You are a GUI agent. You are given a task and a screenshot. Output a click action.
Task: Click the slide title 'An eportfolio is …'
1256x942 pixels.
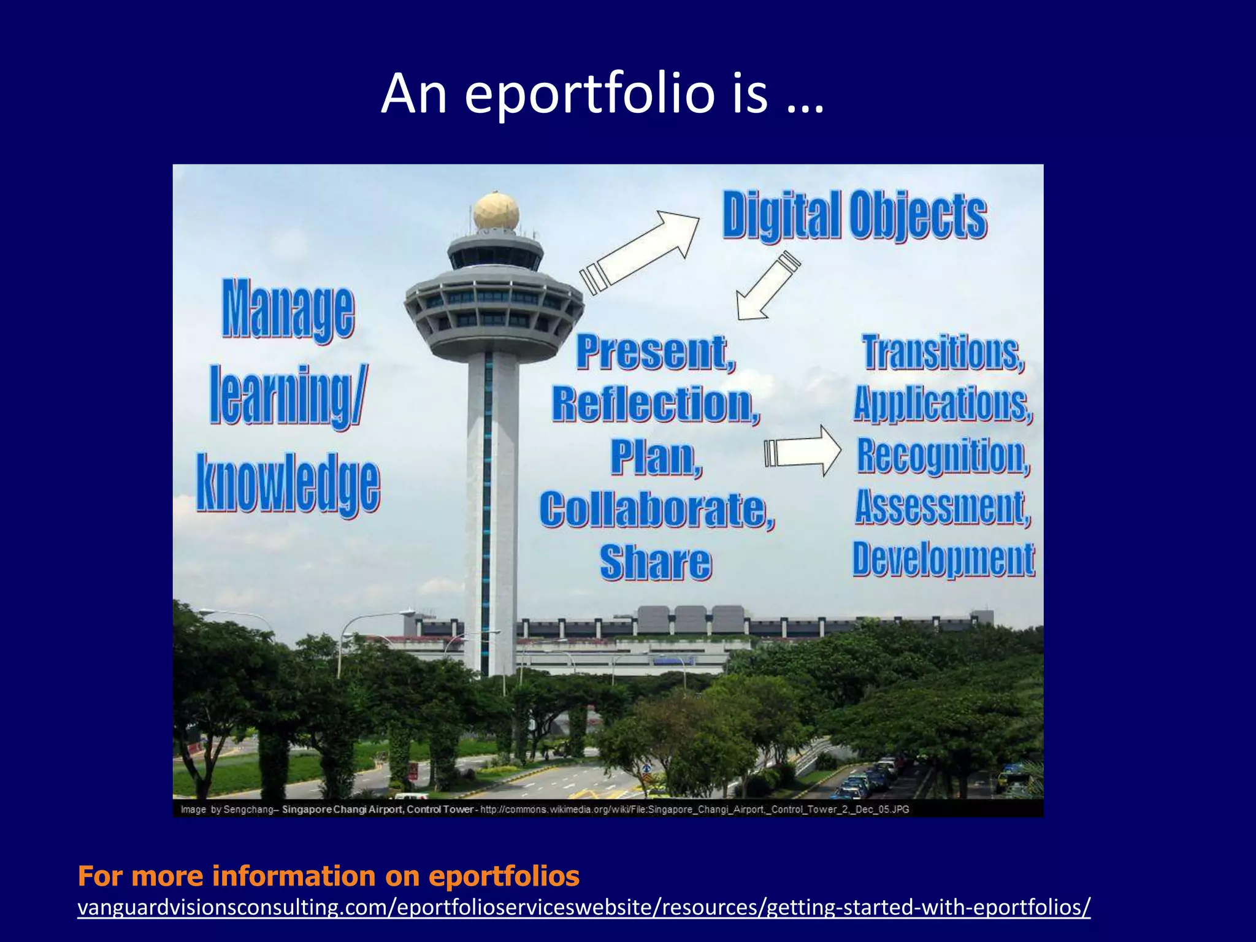[x=602, y=93]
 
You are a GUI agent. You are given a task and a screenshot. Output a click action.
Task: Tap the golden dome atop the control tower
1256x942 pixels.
[x=496, y=211]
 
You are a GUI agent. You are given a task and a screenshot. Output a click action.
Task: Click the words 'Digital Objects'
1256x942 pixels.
[x=854, y=215]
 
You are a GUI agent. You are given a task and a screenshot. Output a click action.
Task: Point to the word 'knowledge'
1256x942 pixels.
[x=288, y=483]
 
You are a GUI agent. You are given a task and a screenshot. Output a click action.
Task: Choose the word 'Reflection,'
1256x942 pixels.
[x=656, y=405]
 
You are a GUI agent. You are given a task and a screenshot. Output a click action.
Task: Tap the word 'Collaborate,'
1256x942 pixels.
[x=657, y=509]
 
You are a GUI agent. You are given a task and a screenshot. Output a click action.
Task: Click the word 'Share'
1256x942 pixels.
[x=656, y=562]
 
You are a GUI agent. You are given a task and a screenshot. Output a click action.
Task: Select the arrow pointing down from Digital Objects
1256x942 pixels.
[x=767, y=286]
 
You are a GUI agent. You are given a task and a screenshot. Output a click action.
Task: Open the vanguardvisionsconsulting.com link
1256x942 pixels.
[x=584, y=906]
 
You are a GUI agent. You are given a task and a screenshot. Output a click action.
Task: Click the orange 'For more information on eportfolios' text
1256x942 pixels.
[x=329, y=876]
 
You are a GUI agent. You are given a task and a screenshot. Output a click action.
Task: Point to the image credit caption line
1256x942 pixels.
[x=545, y=809]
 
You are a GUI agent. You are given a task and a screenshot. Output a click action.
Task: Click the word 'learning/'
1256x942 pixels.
[x=288, y=396]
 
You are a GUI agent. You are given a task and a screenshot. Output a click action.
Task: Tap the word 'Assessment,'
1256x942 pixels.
[x=943, y=507]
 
